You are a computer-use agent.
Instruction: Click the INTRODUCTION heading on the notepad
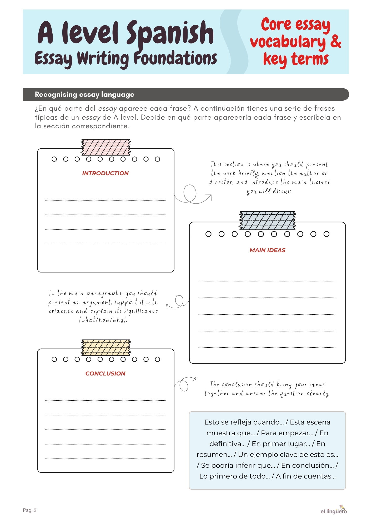pyautogui.click(x=105, y=173)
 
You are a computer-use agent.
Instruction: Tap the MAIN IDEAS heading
pyautogui.click(x=267, y=250)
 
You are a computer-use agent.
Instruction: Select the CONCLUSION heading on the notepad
pyautogui.click(x=105, y=373)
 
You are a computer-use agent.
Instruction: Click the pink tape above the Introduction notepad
pyautogui.click(x=106, y=147)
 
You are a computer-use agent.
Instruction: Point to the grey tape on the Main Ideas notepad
pyautogui.click(x=267, y=220)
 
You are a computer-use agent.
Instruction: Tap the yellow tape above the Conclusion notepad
pyautogui.click(x=106, y=348)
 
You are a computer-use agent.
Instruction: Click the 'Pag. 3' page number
pyautogui.click(x=29, y=510)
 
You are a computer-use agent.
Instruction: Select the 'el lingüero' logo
pyautogui.click(x=334, y=510)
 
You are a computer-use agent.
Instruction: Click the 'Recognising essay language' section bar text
pyautogui.click(x=84, y=95)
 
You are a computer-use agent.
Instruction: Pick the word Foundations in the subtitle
pyautogui.click(x=175, y=58)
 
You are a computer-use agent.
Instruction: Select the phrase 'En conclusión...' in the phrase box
pyautogui.click(x=308, y=465)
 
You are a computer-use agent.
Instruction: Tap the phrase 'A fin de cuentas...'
pyautogui.click(x=306, y=476)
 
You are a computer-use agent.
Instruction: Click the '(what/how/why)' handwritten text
pyautogui.click(x=103, y=320)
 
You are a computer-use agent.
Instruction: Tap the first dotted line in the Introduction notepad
pyautogui.click(x=105, y=200)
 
